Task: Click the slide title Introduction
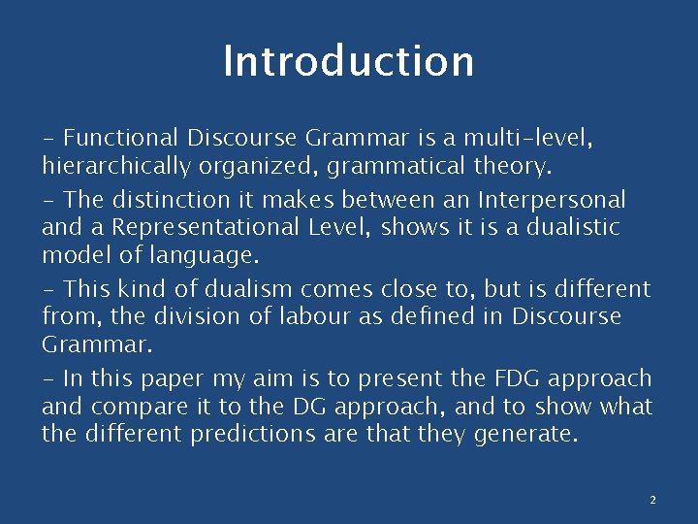click(x=348, y=60)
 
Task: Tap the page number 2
click(x=652, y=500)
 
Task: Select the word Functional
click(x=122, y=139)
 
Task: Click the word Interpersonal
click(x=552, y=200)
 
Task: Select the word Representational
click(x=242, y=227)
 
